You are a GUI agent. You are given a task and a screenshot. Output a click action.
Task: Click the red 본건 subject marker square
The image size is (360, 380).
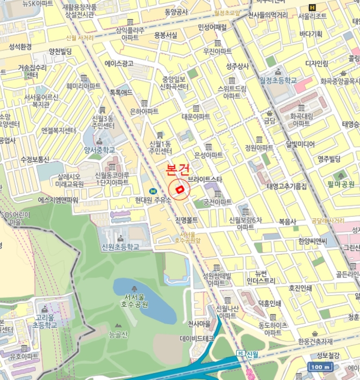tap(179, 189)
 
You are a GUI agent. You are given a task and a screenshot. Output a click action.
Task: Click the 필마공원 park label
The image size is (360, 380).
tap(340, 184)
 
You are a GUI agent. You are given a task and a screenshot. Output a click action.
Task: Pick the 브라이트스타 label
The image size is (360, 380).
tap(205, 179)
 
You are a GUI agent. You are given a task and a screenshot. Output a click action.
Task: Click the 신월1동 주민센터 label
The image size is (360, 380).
tap(160, 147)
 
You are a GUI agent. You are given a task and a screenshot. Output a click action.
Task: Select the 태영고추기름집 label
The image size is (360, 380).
tap(286, 186)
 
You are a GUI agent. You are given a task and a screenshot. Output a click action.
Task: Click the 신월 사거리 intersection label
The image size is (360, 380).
tap(79, 37)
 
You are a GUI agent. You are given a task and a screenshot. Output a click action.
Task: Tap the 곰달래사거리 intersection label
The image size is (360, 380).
tap(327, 220)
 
